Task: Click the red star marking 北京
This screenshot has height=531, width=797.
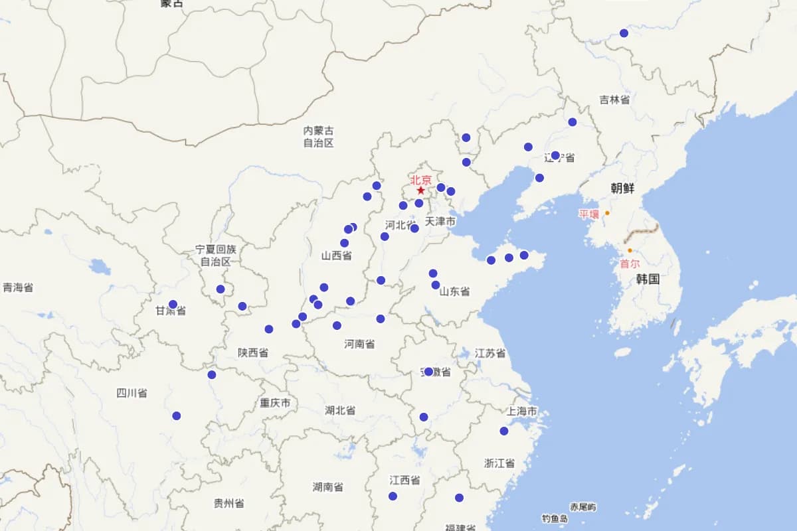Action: pyautogui.click(x=420, y=190)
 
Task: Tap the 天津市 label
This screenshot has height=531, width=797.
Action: pyautogui.click(x=440, y=221)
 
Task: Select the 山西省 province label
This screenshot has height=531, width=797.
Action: pyautogui.click(x=336, y=256)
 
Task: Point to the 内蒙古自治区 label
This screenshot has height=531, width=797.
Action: pyautogui.click(x=318, y=137)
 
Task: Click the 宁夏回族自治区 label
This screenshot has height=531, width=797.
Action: pyautogui.click(x=216, y=255)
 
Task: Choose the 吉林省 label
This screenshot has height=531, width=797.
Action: pyautogui.click(x=614, y=100)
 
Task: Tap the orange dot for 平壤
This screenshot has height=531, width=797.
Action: pyautogui.click(x=607, y=213)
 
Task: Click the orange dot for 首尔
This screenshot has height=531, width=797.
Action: pyautogui.click(x=630, y=250)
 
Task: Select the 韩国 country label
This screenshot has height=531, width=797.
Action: pyautogui.click(x=648, y=279)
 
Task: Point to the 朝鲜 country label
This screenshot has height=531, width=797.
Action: pyautogui.click(x=622, y=189)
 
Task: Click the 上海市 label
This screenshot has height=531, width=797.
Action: pyautogui.click(x=521, y=412)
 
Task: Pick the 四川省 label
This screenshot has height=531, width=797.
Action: pyautogui.click(x=132, y=393)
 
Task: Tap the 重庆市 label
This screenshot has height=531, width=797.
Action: pyautogui.click(x=275, y=403)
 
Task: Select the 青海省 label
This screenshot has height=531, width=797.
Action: pyautogui.click(x=18, y=287)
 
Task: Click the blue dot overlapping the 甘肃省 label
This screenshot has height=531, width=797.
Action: pyautogui.click(x=173, y=305)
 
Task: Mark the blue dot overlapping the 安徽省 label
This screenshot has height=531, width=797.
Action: pyautogui.click(x=428, y=372)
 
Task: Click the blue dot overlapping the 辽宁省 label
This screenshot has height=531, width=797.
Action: pyautogui.click(x=555, y=155)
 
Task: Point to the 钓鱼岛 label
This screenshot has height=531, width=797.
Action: pyautogui.click(x=554, y=518)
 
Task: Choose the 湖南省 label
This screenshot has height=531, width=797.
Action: pyautogui.click(x=327, y=487)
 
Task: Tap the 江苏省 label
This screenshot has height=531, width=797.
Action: pyautogui.click(x=490, y=353)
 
